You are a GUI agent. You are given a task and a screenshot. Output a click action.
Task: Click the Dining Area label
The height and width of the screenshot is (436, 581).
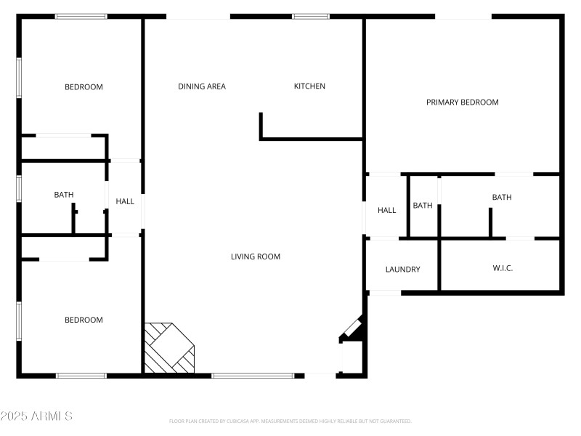[x=202, y=86]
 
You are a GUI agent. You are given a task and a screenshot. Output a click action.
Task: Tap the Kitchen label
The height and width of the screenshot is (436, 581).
[x=309, y=86]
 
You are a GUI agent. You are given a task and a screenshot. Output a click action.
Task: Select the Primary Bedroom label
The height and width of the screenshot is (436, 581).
[x=462, y=102]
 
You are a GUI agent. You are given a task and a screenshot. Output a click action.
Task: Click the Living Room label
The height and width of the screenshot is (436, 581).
[x=256, y=257]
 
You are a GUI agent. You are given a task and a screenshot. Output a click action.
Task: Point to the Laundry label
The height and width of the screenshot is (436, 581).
[x=402, y=270]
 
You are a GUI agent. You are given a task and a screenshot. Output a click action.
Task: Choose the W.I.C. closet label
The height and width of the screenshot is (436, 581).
[x=503, y=269]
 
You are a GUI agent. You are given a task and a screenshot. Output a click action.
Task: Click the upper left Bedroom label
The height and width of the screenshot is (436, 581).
[x=84, y=87]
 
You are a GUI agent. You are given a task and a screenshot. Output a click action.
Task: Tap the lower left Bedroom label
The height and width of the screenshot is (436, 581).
[x=84, y=320]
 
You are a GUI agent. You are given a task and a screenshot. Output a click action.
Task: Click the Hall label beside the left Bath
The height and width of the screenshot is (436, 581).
[x=125, y=201]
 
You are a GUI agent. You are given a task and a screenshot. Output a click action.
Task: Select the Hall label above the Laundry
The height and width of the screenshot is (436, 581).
[x=386, y=211]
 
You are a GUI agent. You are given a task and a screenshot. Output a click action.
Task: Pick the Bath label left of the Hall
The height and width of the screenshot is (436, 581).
[x=64, y=195]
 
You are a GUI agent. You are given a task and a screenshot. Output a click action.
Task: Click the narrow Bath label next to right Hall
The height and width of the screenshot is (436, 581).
[x=423, y=206]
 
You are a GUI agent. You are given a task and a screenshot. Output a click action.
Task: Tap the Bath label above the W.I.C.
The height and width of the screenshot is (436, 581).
[x=502, y=198]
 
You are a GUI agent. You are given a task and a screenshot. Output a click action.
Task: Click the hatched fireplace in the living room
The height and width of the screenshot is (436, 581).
[x=170, y=348]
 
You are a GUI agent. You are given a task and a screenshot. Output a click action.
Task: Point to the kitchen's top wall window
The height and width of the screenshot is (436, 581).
[x=311, y=16]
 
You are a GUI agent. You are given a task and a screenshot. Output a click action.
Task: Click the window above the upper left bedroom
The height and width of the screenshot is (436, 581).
[x=81, y=16]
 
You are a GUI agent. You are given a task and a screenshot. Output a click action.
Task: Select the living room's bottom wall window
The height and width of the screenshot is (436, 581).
[x=253, y=376]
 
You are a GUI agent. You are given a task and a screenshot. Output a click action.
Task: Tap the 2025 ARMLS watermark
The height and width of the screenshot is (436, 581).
[x=36, y=416]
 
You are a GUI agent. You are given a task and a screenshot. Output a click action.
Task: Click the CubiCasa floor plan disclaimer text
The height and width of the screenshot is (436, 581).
[x=290, y=421]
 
